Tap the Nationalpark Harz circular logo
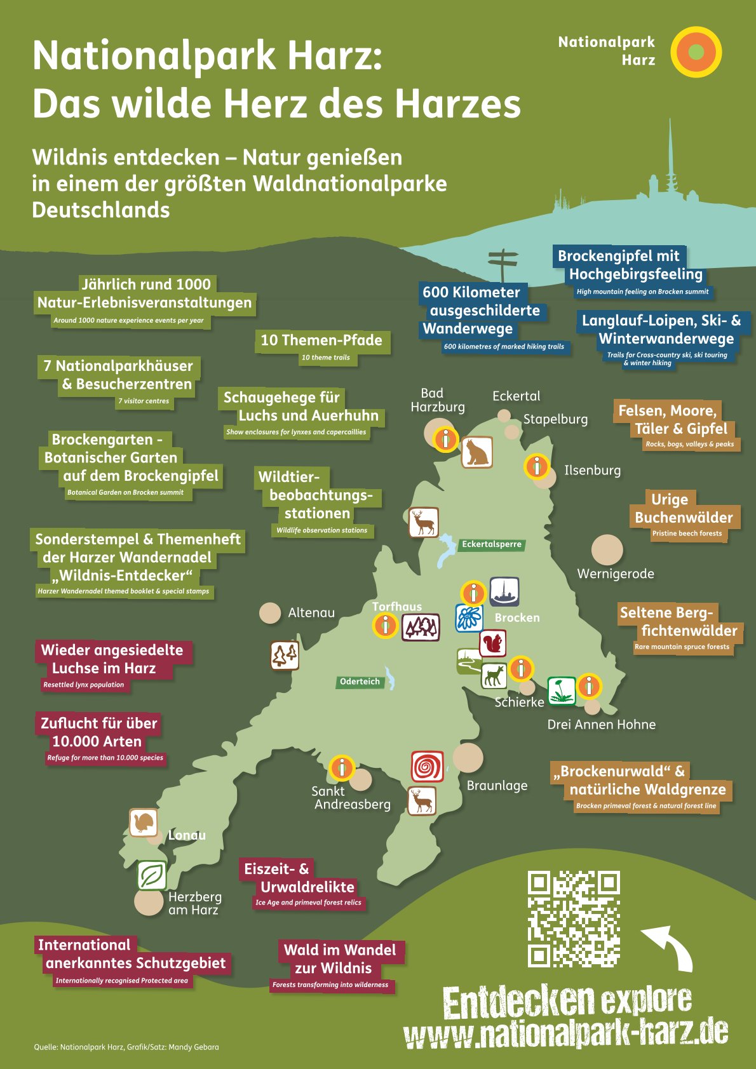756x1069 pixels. coord(696,52)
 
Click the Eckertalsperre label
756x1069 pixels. coord(491,544)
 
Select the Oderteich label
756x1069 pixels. coord(360,682)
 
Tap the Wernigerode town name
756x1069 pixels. coord(615,574)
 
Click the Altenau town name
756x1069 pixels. coord(311,612)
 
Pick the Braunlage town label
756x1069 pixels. coord(497,786)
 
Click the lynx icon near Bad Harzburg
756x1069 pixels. coord(476,452)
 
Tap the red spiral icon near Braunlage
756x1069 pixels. coord(427,766)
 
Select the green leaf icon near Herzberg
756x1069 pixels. coord(152,876)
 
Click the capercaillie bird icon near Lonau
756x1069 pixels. coord(144,823)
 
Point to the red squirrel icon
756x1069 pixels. coord(492,644)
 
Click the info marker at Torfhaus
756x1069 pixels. coord(385,626)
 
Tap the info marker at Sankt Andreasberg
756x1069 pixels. coord(342,768)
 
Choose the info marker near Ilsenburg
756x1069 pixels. coord(537,467)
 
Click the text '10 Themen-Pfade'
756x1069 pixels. coord(321,340)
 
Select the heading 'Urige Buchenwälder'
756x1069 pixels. coord(683,508)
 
